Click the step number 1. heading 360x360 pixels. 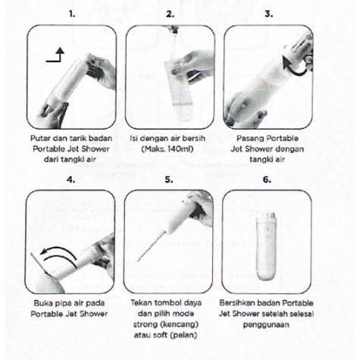click(72, 14)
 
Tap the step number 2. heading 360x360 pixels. click(171, 14)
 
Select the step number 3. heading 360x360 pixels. click(269, 14)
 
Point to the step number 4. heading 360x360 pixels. click(71, 180)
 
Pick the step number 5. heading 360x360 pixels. click(169, 180)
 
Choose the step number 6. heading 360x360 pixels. click(267, 180)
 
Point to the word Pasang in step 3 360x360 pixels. click(250, 139)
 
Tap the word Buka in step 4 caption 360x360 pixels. click(42, 303)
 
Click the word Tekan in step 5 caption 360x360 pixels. click(142, 302)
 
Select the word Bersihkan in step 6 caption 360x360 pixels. click(236, 303)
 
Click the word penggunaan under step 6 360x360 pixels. click(266, 324)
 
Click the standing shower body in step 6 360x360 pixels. click(266, 246)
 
